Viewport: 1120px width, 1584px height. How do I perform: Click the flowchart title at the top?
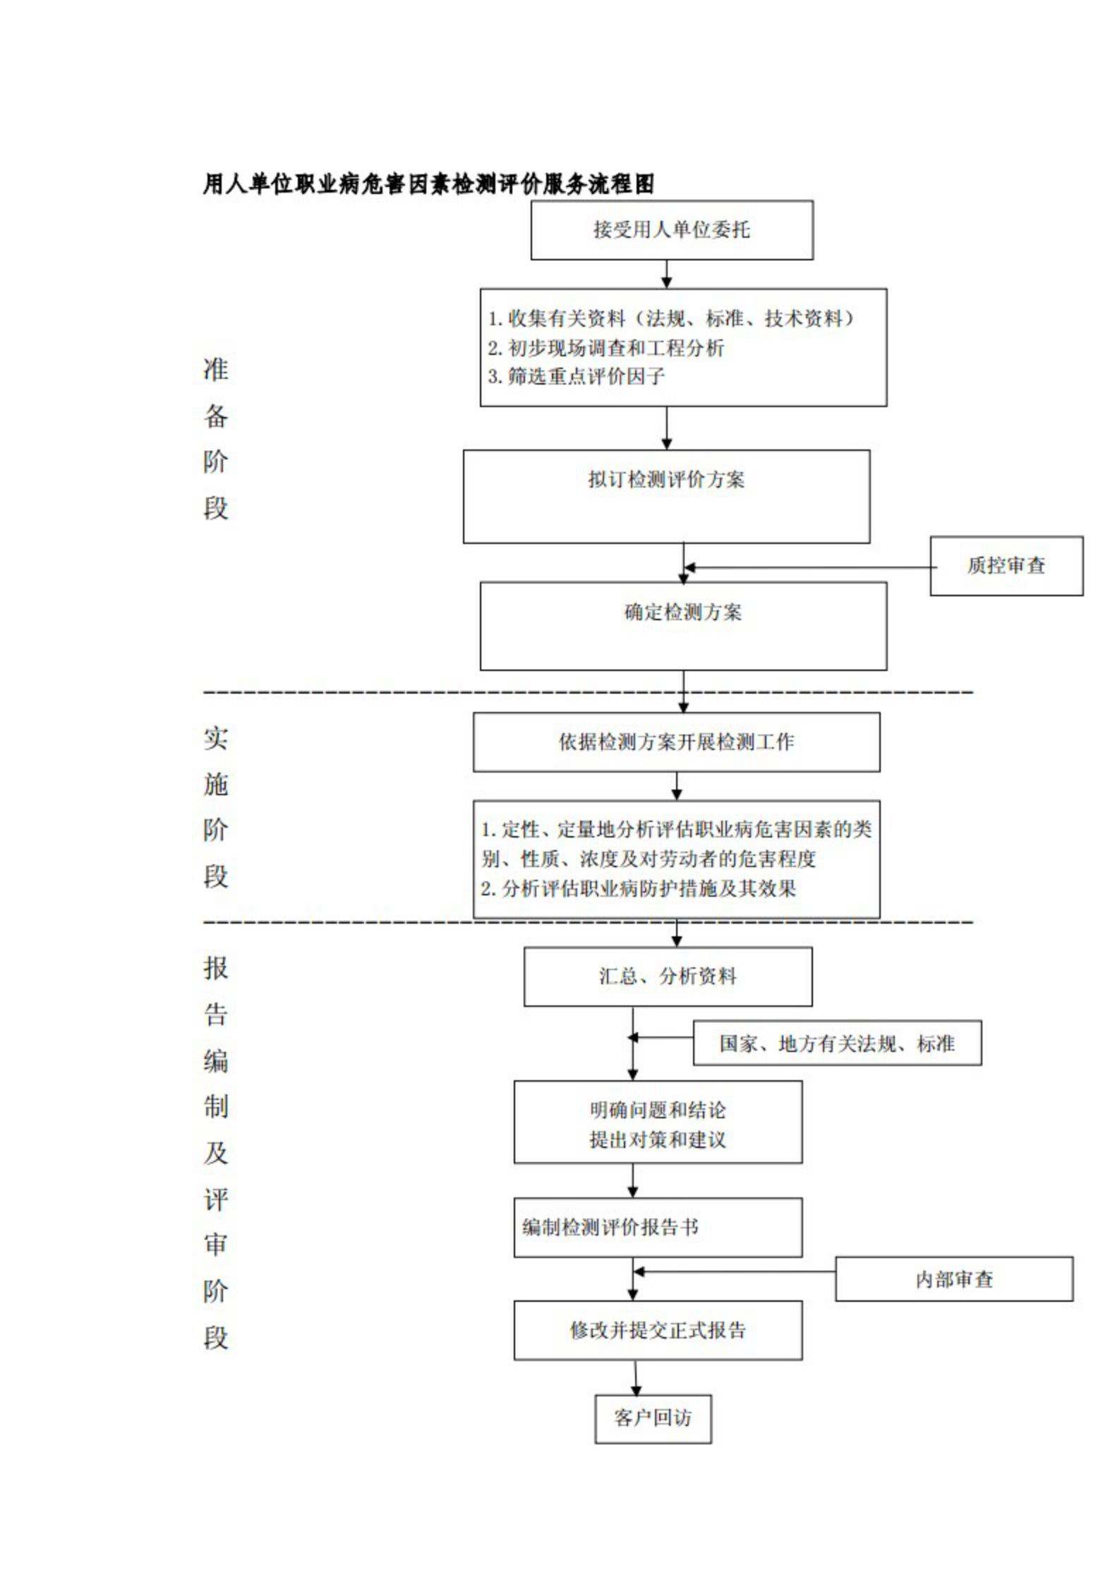pos(428,184)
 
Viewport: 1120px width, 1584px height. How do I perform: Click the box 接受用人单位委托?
pos(672,230)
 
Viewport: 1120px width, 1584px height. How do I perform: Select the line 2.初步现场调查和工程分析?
pos(606,348)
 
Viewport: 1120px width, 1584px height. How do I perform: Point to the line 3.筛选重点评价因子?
pos(577,377)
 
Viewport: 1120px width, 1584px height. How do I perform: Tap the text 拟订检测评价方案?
pos(666,480)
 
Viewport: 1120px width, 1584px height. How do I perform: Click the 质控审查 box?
pos(1006,566)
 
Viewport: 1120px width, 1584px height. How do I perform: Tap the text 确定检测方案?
pos(683,612)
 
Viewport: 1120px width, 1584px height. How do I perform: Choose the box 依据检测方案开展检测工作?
pos(676,742)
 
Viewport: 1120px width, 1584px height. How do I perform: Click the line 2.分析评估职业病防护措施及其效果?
pos(639,888)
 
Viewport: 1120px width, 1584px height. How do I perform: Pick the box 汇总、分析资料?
pos(668,977)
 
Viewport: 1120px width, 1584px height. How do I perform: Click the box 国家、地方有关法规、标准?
pos(837,1043)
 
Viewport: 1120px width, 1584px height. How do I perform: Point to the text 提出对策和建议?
pos(658,1139)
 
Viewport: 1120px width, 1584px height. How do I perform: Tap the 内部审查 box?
pos(954,1279)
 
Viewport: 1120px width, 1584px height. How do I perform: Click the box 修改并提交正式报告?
pos(658,1331)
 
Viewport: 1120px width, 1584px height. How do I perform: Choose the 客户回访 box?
pos(653,1418)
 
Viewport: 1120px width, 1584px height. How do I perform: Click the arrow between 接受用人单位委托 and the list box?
pos(666,274)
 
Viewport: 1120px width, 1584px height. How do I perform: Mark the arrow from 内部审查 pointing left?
pos(735,1272)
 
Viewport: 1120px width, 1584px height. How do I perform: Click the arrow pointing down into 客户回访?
pos(636,1377)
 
